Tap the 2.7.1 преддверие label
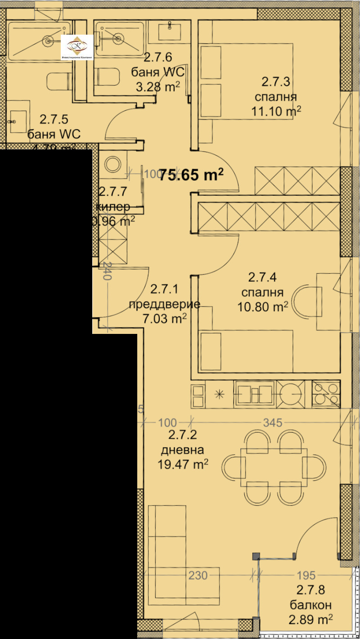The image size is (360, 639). click(x=164, y=304)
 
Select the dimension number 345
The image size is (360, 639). click(x=273, y=423)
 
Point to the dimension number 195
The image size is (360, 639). click(x=306, y=575)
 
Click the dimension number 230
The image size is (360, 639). click(x=198, y=575)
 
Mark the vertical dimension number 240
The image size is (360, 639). click(x=107, y=271)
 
